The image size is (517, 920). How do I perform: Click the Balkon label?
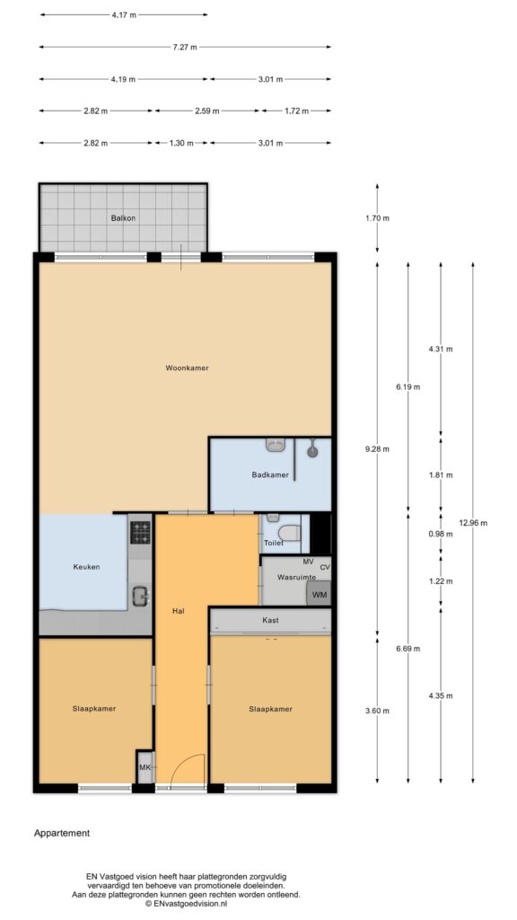coord(123,217)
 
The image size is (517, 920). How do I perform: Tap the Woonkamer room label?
coord(187,367)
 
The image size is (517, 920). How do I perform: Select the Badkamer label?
coord(270,474)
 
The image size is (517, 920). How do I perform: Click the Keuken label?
coord(86,567)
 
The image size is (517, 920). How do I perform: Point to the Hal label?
coord(179,611)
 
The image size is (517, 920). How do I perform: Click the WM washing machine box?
coord(320,593)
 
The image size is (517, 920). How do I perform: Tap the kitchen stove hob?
coord(140,533)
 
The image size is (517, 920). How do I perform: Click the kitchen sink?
coord(141,597)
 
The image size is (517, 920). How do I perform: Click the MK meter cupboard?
coord(145,767)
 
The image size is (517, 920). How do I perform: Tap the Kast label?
coord(271,620)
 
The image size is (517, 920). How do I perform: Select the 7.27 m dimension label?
coord(185,47)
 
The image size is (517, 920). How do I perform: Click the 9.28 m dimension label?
coord(377,449)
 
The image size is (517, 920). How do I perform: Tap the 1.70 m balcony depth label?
coord(377,217)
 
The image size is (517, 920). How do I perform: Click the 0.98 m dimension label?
coord(441,534)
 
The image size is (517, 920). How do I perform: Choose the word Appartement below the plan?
coord(62,833)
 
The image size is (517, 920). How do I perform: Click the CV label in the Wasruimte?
coord(325,567)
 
